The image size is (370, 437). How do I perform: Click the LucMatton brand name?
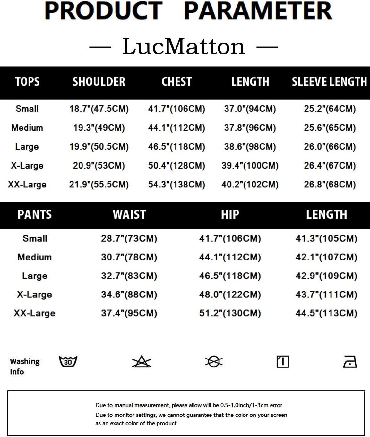point(184,47)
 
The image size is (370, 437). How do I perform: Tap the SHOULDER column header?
point(99,82)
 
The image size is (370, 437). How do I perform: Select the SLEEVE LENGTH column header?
point(329,82)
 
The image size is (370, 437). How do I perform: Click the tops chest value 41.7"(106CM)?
point(176,109)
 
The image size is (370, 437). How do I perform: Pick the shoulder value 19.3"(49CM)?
point(99,128)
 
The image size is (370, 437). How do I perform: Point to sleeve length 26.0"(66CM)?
point(330,147)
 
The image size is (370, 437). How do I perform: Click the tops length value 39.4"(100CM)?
point(250,166)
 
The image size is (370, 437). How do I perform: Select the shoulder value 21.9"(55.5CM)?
point(99,185)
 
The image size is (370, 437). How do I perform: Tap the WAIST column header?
point(129,214)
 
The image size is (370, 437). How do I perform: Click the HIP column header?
point(230,214)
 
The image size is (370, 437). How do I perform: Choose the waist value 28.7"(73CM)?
point(129,238)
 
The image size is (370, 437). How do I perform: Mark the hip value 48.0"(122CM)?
point(230,294)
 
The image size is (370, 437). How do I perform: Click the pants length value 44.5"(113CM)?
point(326,313)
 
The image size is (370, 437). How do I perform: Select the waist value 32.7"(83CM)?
point(129,276)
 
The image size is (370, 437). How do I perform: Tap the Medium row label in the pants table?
point(35,257)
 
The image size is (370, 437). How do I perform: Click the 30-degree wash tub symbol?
point(68,361)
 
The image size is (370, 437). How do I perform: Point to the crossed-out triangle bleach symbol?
point(142,362)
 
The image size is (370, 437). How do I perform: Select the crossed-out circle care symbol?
point(214,362)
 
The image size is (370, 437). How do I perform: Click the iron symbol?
point(350,362)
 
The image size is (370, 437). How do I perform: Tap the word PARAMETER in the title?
point(258,11)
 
